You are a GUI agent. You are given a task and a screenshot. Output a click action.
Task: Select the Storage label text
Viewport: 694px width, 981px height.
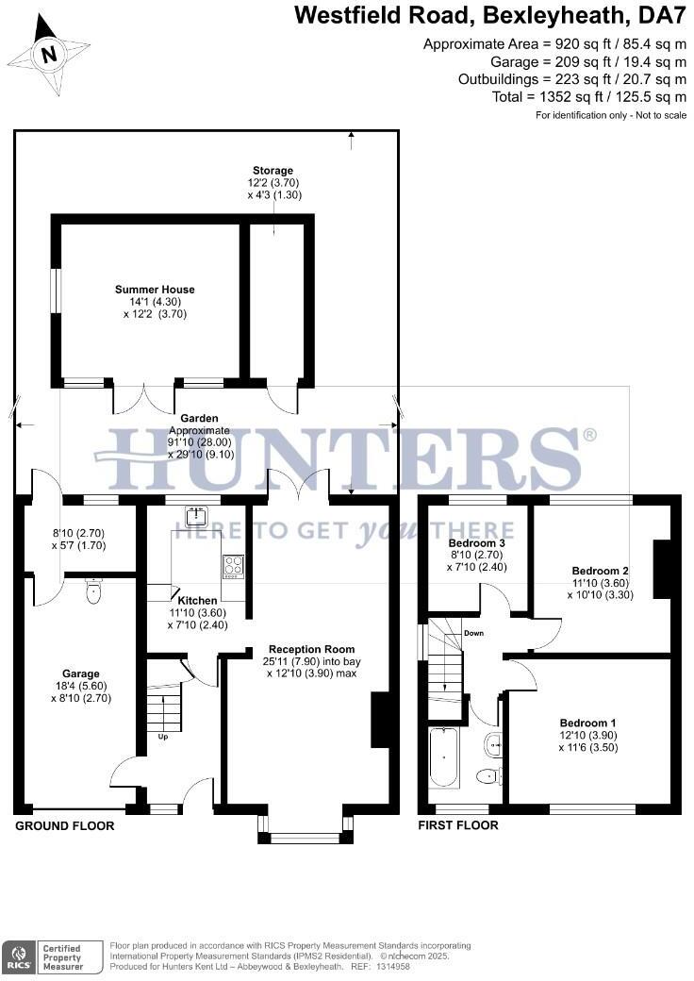273,171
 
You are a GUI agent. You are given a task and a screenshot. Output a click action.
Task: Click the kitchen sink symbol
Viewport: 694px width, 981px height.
197,515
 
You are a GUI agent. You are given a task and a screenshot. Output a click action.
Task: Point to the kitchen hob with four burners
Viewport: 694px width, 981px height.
233,566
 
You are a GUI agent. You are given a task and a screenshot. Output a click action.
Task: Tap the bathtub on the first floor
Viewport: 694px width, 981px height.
444,757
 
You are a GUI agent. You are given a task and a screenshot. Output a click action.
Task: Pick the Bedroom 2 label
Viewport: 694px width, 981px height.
600,571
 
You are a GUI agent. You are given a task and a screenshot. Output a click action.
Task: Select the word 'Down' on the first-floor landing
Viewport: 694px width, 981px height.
473,633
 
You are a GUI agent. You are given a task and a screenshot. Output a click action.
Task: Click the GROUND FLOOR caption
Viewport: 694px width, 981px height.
65,826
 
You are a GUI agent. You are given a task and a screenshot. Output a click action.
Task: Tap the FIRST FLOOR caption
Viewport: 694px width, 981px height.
458,826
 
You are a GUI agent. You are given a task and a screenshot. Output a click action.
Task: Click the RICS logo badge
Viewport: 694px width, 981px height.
18,955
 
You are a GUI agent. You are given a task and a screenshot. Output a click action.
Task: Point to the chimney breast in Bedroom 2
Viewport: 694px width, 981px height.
662,569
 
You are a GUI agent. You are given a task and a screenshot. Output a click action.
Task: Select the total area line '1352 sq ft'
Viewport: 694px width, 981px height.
589,97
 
